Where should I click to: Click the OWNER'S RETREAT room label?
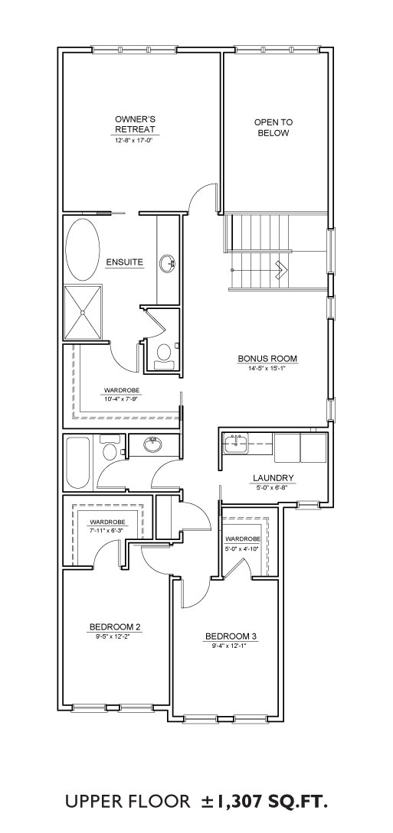pyautogui.click(x=135, y=125)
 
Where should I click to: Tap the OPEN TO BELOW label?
pyautogui.click(x=273, y=128)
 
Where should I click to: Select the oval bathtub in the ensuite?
pyautogui.click(x=83, y=249)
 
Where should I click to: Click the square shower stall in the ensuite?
pyautogui.click(x=83, y=312)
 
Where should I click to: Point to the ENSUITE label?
pyautogui.click(x=124, y=262)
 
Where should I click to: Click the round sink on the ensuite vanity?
pyautogui.click(x=168, y=263)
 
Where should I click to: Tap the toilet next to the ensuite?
pyautogui.click(x=163, y=356)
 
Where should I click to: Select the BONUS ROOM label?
pyautogui.click(x=267, y=358)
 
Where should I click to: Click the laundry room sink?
pyautogui.click(x=236, y=444)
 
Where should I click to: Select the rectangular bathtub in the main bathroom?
pyautogui.click(x=79, y=464)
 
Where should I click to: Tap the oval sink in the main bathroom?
pyautogui.click(x=153, y=445)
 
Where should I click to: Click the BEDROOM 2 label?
pyautogui.click(x=115, y=626)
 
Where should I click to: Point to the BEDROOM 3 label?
pyautogui.click(x=231, y=636)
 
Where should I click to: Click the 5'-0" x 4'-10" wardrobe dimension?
pyautogui.click(x=243, y=548)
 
